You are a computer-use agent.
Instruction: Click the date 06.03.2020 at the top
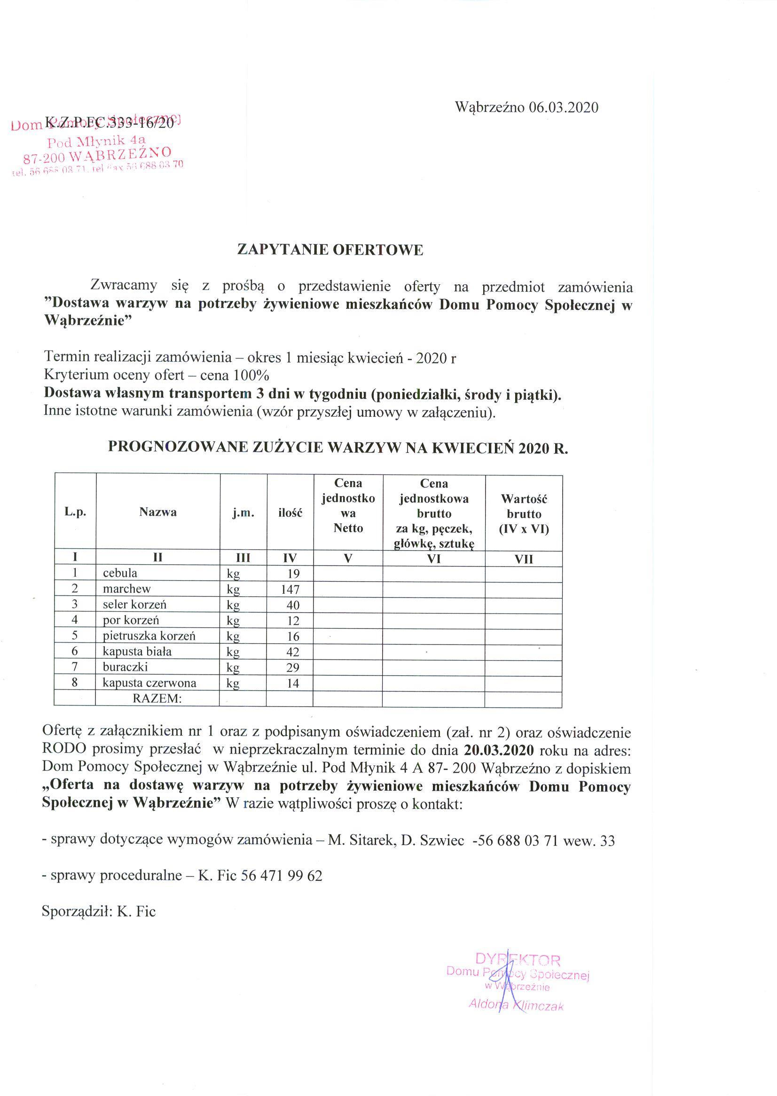coord(563,107)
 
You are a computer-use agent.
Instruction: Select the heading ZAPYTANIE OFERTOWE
coord(330,250)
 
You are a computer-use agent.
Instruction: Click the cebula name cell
coord(120,573)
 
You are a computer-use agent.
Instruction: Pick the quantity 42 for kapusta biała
coord(293,652)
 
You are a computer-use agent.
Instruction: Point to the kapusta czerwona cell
coord(149,684)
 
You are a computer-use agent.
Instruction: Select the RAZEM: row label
coord(157,699)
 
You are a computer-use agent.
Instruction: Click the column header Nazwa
coord(158,512)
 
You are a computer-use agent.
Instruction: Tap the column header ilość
coord(290,513)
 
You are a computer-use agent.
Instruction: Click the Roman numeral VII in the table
coord(524,559)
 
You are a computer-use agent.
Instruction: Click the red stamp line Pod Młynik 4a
coord(96,140)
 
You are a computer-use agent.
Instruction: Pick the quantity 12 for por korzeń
coord(293,621)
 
